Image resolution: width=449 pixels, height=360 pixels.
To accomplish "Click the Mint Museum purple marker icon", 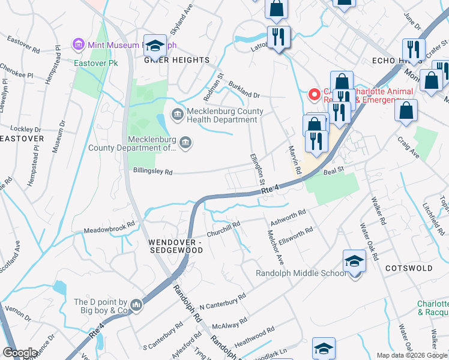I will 77,44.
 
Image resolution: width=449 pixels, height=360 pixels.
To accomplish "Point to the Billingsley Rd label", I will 152,172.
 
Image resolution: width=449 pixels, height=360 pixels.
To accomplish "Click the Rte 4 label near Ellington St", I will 270,190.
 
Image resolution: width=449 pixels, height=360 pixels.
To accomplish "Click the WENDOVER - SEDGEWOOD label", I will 175,246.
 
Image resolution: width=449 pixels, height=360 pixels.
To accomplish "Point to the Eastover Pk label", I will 95,62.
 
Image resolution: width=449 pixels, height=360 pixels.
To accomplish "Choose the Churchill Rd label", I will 223,229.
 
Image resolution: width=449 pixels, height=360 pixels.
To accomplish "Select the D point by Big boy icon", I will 137,306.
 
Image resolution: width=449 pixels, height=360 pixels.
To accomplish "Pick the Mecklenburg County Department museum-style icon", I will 185,142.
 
